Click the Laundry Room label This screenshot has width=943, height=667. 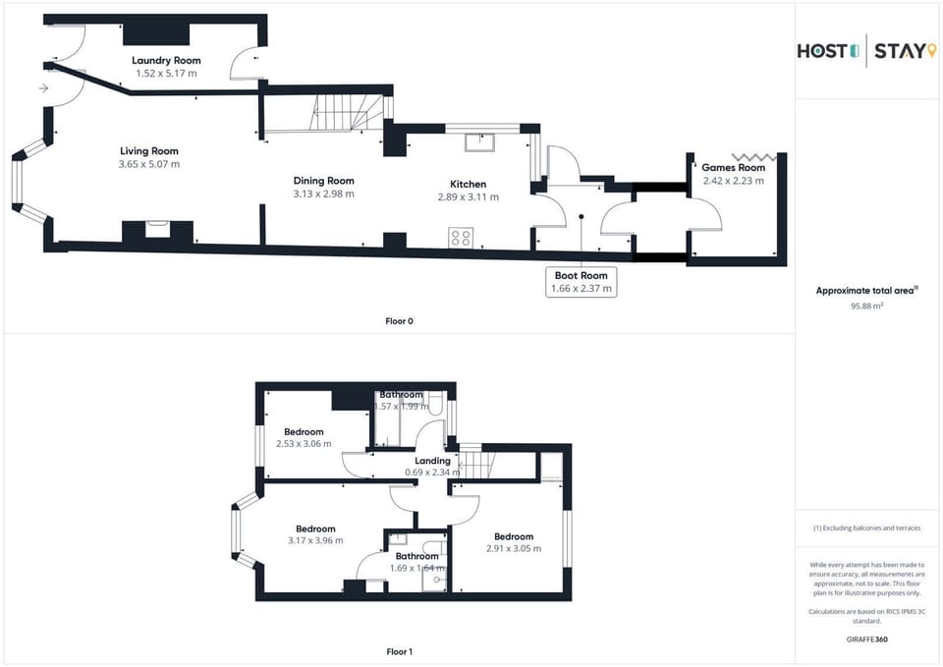coord(166,60)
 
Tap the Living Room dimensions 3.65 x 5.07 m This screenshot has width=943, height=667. coord(149,164)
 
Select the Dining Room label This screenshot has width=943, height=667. coord(323,181)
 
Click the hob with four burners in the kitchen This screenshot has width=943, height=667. coord(461,238)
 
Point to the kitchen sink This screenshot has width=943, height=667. coord(479,142)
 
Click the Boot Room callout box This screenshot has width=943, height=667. coord(581,282)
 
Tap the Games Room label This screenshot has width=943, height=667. coord(733,168)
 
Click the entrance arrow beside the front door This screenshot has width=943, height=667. coord(43,88)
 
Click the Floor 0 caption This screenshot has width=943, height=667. coord(400,321)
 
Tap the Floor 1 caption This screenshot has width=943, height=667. coord(400,651)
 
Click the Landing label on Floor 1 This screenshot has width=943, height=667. coord(432,461)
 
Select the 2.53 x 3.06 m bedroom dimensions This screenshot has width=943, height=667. coord(304,444)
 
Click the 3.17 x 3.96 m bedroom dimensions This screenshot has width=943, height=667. coord(315,540)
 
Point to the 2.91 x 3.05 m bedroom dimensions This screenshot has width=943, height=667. coord(514,548)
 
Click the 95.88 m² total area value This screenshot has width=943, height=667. coord(866,306)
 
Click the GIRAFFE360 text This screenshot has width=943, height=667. coord(866,639)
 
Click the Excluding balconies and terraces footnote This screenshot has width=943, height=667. coord(866,528)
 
